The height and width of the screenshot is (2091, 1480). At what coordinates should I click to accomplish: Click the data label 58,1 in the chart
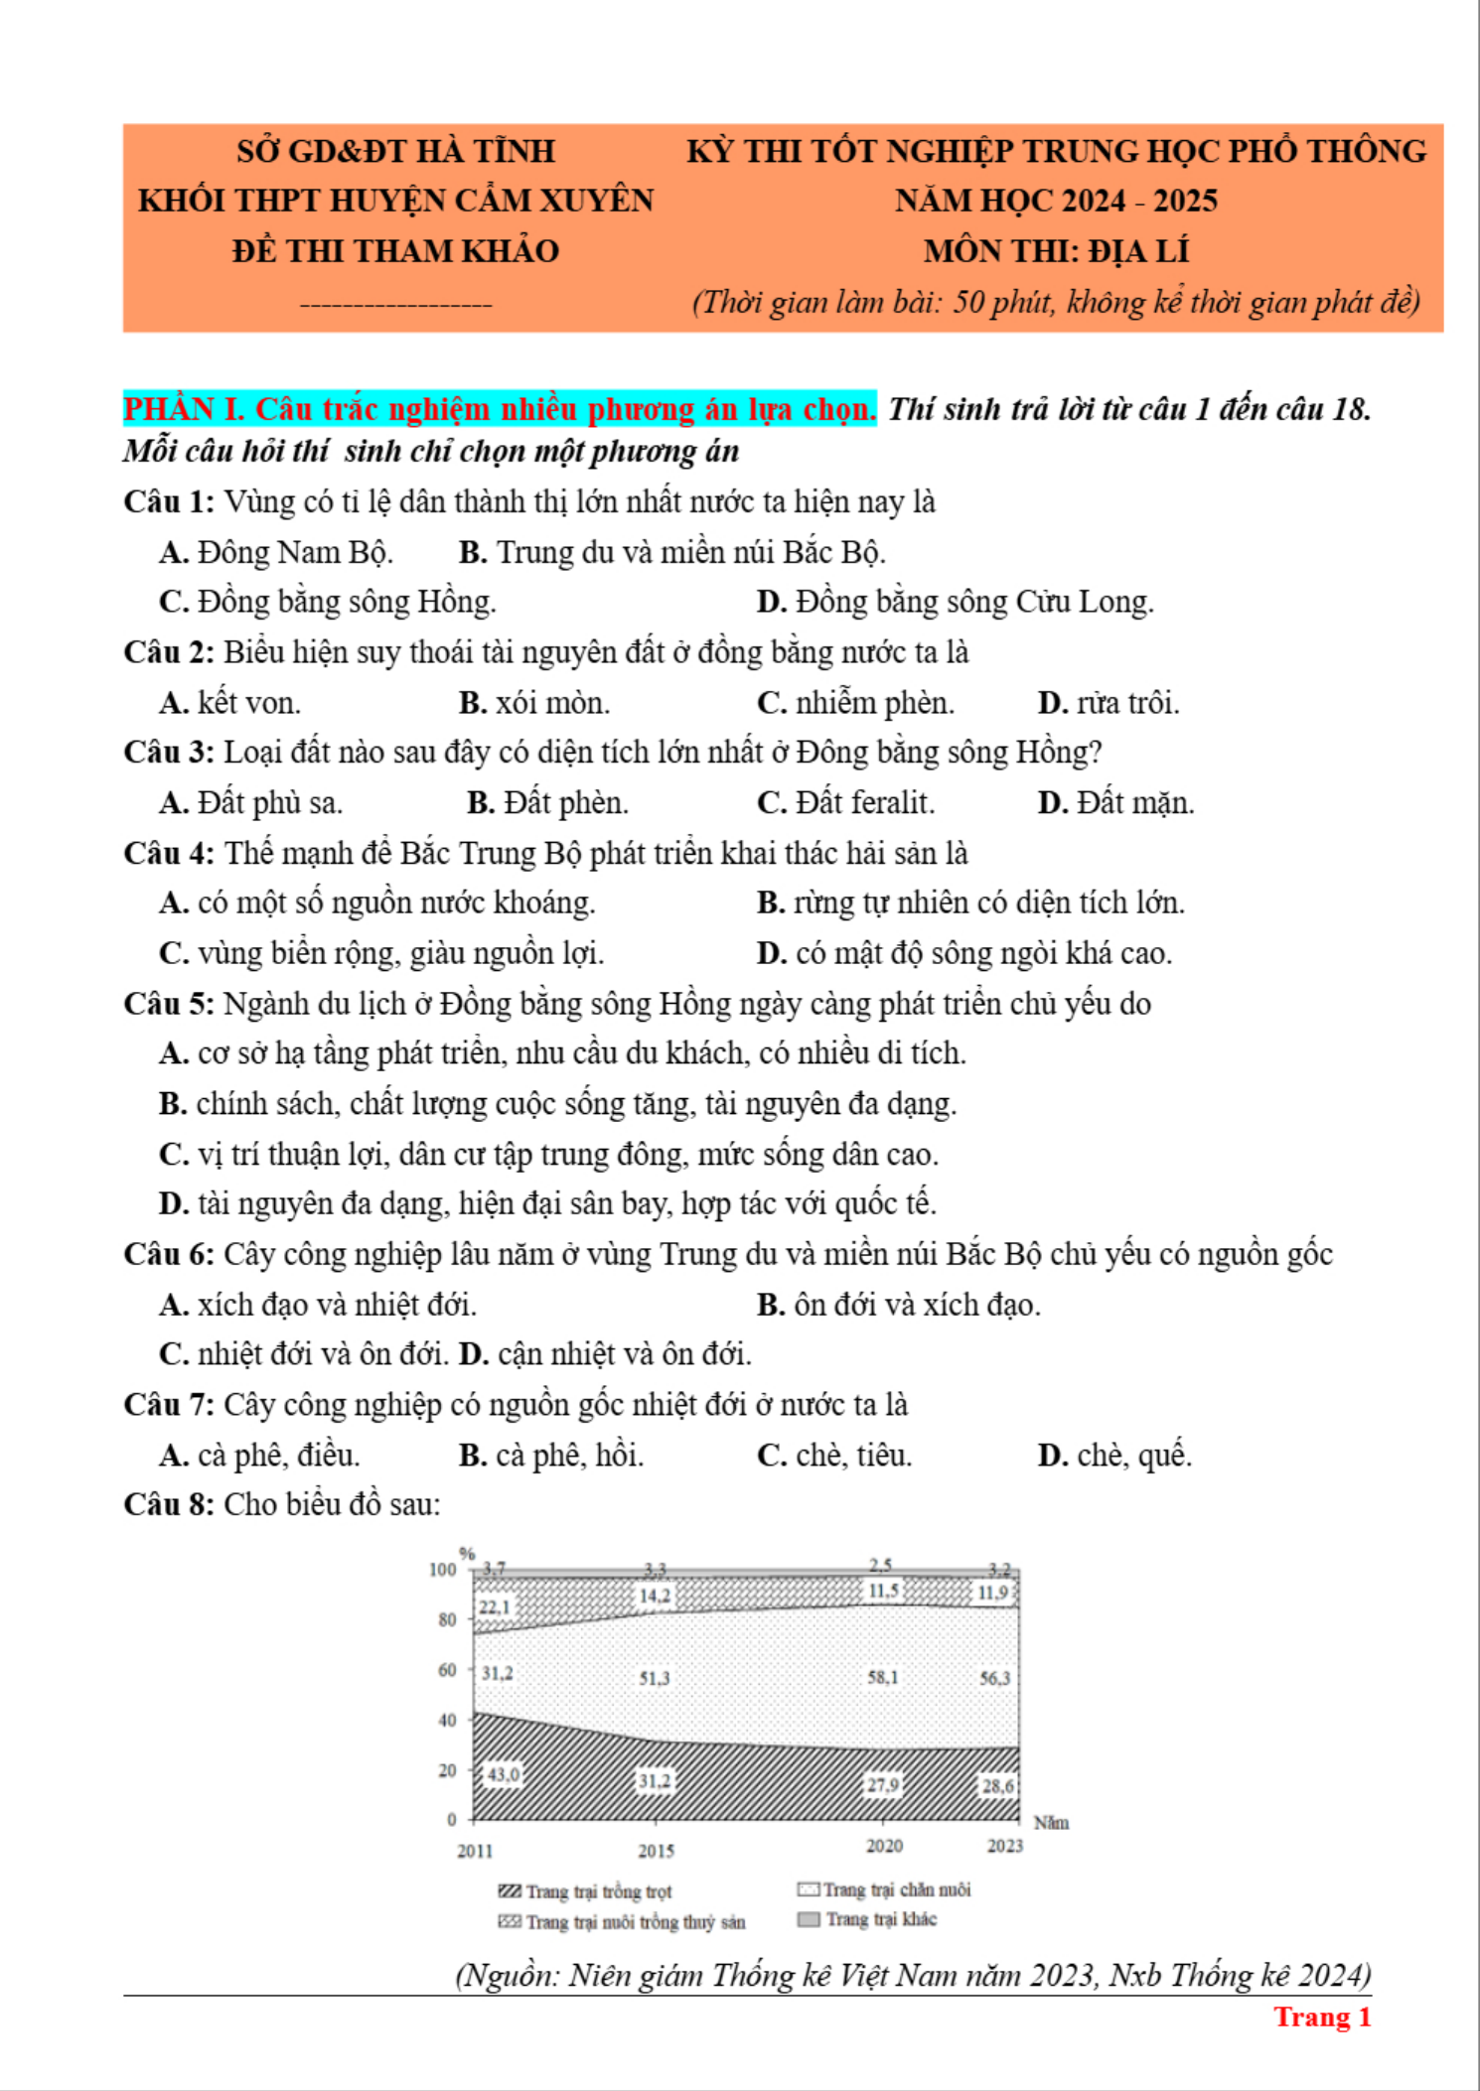[x=882, y=1677]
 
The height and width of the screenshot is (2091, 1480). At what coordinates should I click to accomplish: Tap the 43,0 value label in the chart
[x=503, y=1774]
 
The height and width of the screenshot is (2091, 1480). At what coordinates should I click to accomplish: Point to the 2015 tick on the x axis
[x=656, y=1851]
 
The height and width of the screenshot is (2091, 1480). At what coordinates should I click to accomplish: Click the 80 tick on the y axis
[x=446, y=1619]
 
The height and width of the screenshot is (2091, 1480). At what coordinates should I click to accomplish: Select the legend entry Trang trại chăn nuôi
[x=884, y=1889]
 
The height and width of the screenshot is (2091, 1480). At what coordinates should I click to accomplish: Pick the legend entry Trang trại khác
[x=868, y=1919]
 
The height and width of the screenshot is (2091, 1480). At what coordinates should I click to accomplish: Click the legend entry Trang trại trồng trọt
[x=585, y=1891]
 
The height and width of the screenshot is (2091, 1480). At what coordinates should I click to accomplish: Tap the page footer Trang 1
[x=1322, y=2017]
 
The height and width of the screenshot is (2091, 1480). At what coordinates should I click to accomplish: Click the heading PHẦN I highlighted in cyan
[x=500, y=409]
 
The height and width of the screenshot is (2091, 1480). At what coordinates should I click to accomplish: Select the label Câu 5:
[x=169, y=1004]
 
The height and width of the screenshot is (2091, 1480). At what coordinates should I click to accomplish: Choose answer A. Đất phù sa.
[x=251, y=802]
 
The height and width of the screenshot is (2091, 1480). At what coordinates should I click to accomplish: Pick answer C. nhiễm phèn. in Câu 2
[x=855, y=703]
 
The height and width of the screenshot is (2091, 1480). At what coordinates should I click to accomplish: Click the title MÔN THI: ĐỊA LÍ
[x=1056, y=251]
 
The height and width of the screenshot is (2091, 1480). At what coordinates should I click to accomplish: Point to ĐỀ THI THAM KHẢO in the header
[x=395, y=251]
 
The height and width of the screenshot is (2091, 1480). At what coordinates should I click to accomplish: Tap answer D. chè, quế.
[x=1114, y=1456]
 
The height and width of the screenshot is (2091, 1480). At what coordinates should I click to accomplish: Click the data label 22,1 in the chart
[x=494, y=1606]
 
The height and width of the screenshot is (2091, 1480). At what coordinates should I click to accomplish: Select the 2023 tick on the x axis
[x=1004, y=1846]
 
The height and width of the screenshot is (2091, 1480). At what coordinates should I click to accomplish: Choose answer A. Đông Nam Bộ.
[x=276, y=552]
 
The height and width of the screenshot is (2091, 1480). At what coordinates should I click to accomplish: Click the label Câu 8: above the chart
[x=169, y=1505]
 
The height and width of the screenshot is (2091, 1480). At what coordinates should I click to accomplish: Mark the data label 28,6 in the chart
[x=997, y=1786]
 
